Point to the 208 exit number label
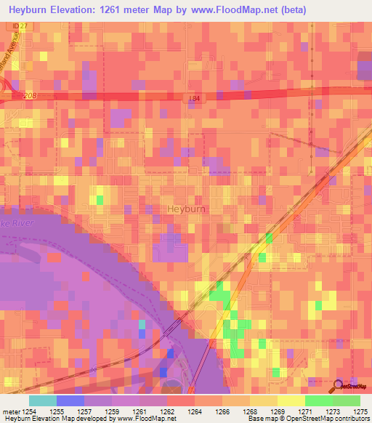(30, 96)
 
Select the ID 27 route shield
(17, 26)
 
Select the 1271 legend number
(304, 411)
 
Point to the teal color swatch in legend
(42, 400)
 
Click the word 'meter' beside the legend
(12, 411)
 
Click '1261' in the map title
(125, 9)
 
